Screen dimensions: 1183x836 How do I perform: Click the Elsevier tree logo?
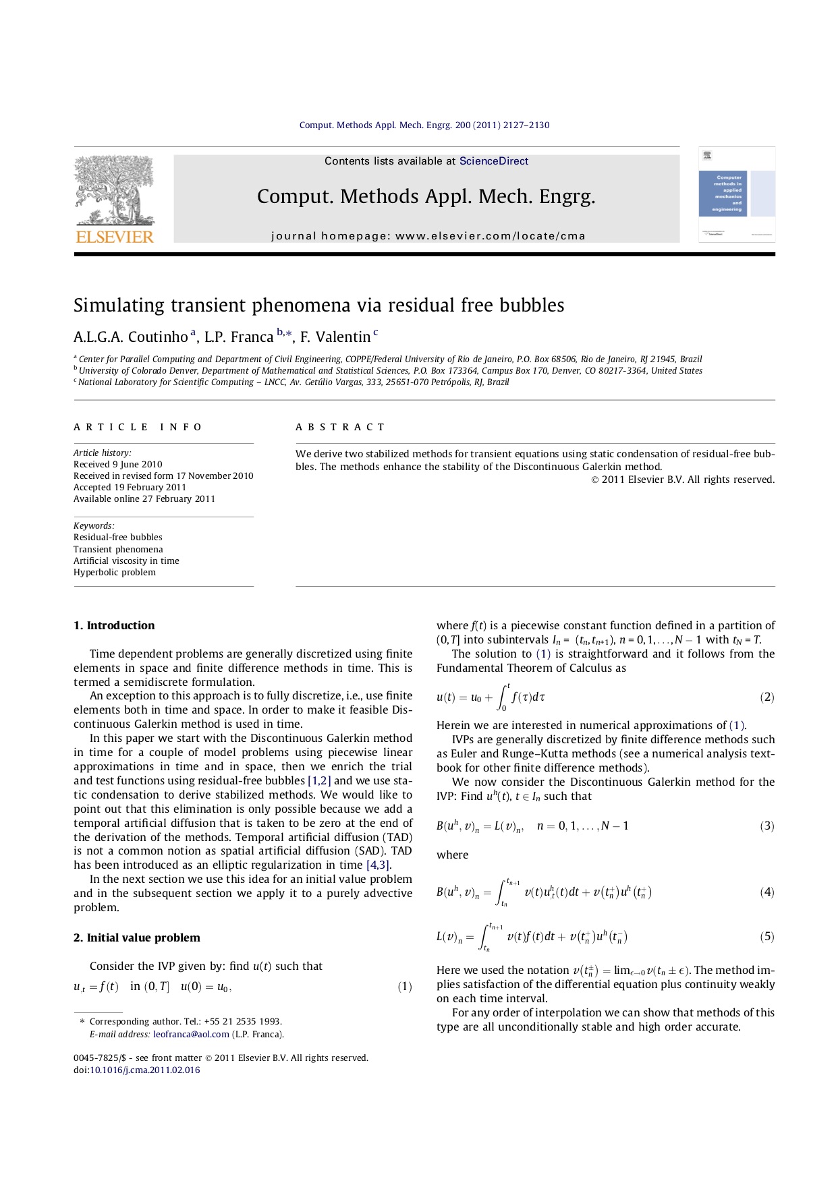coord(115,190)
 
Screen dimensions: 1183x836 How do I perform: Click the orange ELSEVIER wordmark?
coord(115,237)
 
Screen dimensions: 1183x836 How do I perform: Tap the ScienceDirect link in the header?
coord(493,161)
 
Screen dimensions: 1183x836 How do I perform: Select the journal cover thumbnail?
coord(736,194)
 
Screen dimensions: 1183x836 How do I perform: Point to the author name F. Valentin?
coord(335,337)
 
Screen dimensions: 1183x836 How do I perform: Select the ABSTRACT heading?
coord(340,427)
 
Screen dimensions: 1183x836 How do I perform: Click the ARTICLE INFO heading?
coord(138,427)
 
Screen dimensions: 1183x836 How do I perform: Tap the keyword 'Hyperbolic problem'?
coord(115,573)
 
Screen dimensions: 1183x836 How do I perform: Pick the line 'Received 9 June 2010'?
coord(118,465)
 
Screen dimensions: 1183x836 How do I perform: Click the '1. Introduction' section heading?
coord(114,626)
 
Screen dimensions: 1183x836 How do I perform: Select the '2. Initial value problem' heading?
coord(137,938)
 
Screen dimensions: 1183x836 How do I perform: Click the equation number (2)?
coord(767,697)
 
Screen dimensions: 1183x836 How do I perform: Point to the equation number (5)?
coord(767,937)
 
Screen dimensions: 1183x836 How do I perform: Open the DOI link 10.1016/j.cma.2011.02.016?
coord(145,1070)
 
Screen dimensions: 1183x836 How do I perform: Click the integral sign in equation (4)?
coord(501,893)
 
